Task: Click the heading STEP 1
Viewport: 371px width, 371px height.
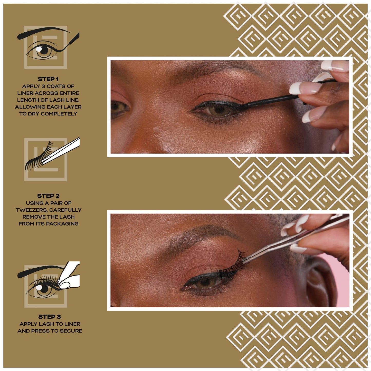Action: (48, 79)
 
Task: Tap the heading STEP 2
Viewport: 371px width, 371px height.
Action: (48, 196)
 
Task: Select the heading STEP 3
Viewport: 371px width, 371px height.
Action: (50, 317)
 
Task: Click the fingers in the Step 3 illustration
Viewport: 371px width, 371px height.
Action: (69, 277)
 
